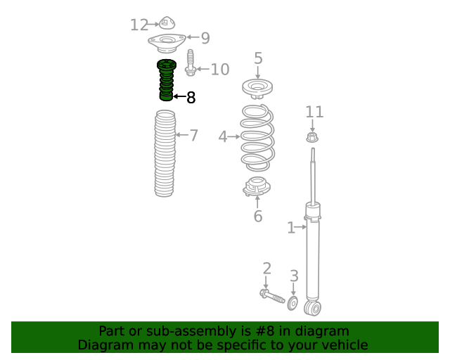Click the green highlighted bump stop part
(166, 80)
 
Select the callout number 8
(191, 98)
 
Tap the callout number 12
(139, 25)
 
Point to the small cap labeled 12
(167, 23)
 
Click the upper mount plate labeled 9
(167, 43)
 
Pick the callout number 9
(205, 38)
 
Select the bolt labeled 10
(190, 63)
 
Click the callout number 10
(220, 70)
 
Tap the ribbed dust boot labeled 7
(165, 153)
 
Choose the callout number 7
(194, 135)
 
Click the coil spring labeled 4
(257, 138)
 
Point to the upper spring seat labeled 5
(257, 89)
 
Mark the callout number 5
(258, 58)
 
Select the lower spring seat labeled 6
(257, 186)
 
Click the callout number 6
(258, 216)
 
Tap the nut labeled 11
(312, 137)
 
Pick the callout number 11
(314, 112)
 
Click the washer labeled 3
(292, 304)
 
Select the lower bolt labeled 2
(272, 296)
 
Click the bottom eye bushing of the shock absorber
(312, 309)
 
